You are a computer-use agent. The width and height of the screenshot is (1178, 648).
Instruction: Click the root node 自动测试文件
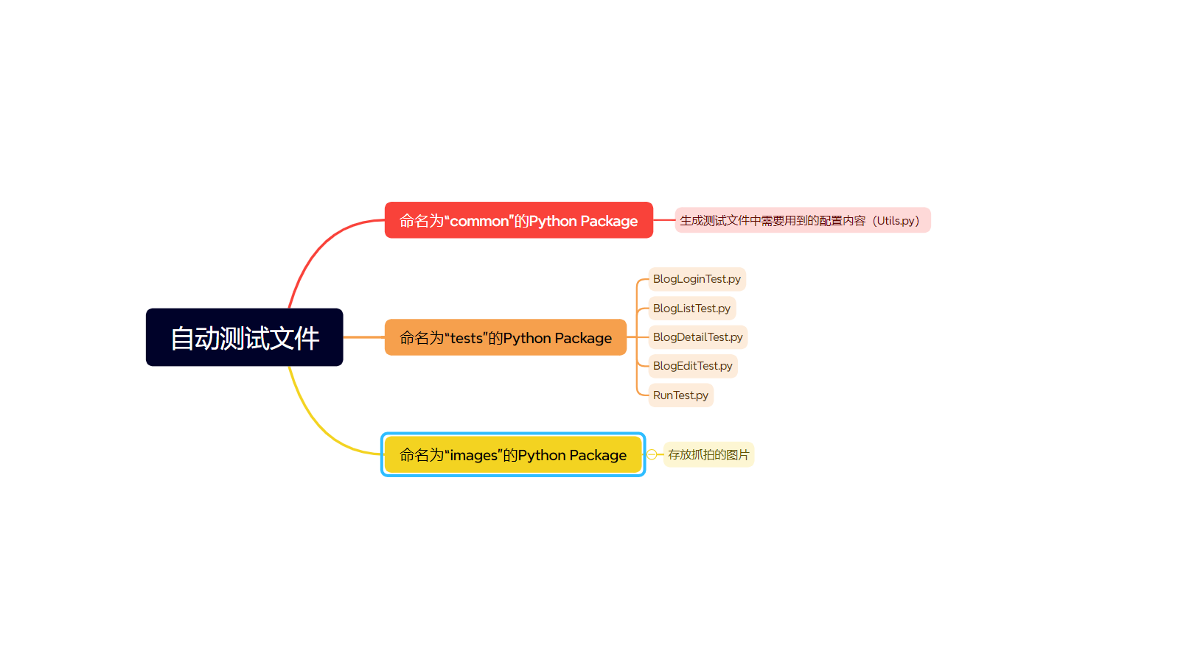pyautogui.click(x=244, y=337)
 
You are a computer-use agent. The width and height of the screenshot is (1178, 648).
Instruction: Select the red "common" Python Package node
pyautogui.click(x=518, y=220)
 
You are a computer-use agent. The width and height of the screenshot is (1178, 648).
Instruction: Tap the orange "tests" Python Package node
pyautogui.click(x=505, y=337)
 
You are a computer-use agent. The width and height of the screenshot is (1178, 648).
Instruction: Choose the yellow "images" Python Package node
pyautogui.click(x=512, y=454)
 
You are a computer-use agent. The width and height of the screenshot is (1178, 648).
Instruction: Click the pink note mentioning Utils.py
pyautogui.click(x=802, y=220)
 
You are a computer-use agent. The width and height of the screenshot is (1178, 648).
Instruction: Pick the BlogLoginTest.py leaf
pyautogui.click(x=697, y=279)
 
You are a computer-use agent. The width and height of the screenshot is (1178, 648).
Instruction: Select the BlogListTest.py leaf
pyautogui.click(x=691, y=309)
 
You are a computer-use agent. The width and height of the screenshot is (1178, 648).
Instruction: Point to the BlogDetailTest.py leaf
pyautogui.click(x=697, y=337)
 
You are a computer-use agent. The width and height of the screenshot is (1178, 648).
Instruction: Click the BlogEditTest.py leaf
pyautogui.click(x=692, y=366)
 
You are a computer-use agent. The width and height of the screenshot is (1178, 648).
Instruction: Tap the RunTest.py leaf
pyautogui.click(x=680, y=395)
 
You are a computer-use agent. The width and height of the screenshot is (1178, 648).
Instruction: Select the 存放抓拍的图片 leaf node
pyautogui.click(x=708, y=454)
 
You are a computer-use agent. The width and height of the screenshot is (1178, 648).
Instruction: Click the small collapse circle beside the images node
pyautogui.click(x=652, y=454)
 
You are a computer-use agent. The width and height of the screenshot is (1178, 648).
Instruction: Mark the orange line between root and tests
pyautogui.click(x=363, y=337)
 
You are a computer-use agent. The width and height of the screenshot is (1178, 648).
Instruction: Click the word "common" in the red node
pyautogui.click(x=479, y=221)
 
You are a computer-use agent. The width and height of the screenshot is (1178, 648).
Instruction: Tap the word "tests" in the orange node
pyautogui.click(x=466, y=338)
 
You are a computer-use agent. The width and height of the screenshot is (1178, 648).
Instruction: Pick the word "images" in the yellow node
pyautogui.click(x=473, y=455)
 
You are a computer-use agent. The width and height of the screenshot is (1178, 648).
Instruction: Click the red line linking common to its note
pyautogui.click(x=663, y=219)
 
